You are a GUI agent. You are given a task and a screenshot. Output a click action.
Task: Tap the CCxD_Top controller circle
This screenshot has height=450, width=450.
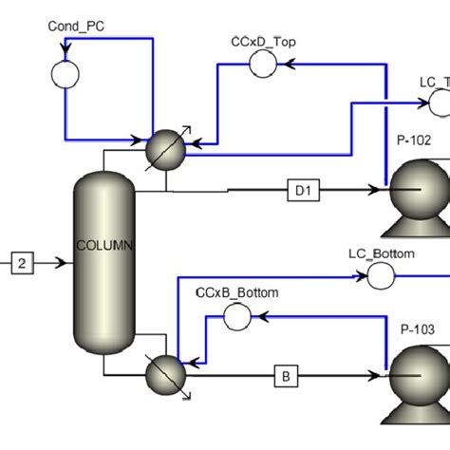coord(262,64)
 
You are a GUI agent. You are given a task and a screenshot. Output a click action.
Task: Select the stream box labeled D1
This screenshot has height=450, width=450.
coord(303,192)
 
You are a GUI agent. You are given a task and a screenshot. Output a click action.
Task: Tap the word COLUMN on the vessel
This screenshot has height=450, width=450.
coord(105,246)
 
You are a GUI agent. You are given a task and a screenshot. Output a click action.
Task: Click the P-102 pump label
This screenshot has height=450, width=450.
coord(414,141)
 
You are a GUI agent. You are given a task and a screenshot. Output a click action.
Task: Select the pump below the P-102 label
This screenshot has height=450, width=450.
coord(419,195)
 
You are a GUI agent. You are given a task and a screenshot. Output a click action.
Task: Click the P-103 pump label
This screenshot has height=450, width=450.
coord(416,329)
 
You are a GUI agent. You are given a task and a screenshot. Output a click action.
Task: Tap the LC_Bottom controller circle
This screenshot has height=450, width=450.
coord(381,276)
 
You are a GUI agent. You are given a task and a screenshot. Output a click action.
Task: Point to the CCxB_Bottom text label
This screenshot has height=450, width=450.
coord(237,293)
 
